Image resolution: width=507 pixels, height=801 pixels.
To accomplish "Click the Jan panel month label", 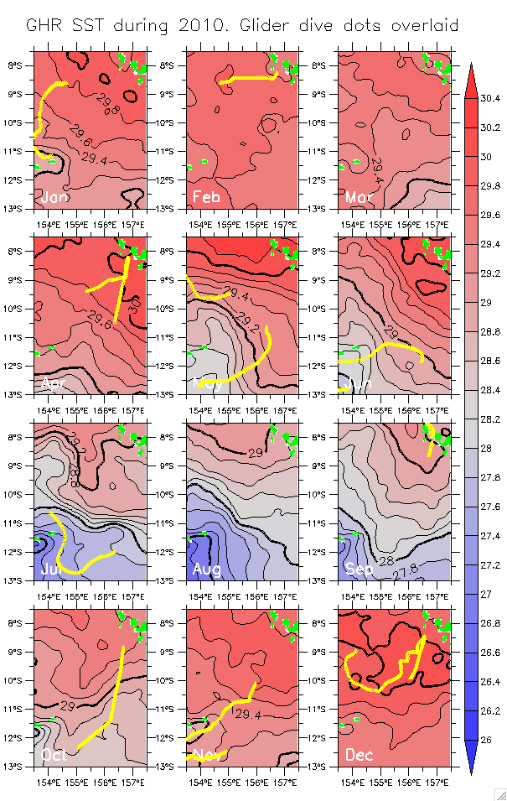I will coord(54,198).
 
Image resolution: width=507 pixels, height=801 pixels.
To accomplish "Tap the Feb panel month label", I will coord(207,198).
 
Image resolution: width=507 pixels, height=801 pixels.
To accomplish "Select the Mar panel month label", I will coord(360,198).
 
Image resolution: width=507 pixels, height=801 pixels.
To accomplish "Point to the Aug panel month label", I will coord(207,570).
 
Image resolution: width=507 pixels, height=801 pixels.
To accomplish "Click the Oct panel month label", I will coord(54,755).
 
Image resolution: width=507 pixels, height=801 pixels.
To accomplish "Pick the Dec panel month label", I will coord(360,755).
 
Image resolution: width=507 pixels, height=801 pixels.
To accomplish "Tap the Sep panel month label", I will coord(360,570).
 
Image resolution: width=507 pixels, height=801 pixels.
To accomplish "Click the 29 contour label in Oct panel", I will coord(68,707).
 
